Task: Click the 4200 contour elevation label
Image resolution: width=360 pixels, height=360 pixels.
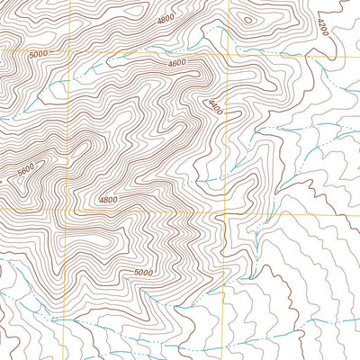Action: coord(323,26)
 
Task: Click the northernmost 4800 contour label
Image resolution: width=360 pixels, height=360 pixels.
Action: coord(165,19)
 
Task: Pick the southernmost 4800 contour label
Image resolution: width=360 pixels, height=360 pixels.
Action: coord(108,200)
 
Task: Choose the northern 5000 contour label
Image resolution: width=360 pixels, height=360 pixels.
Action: coord(38,54)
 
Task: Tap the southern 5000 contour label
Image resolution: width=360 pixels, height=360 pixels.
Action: coord(143,273)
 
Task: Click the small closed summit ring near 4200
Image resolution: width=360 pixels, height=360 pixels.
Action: coord(247,20)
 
